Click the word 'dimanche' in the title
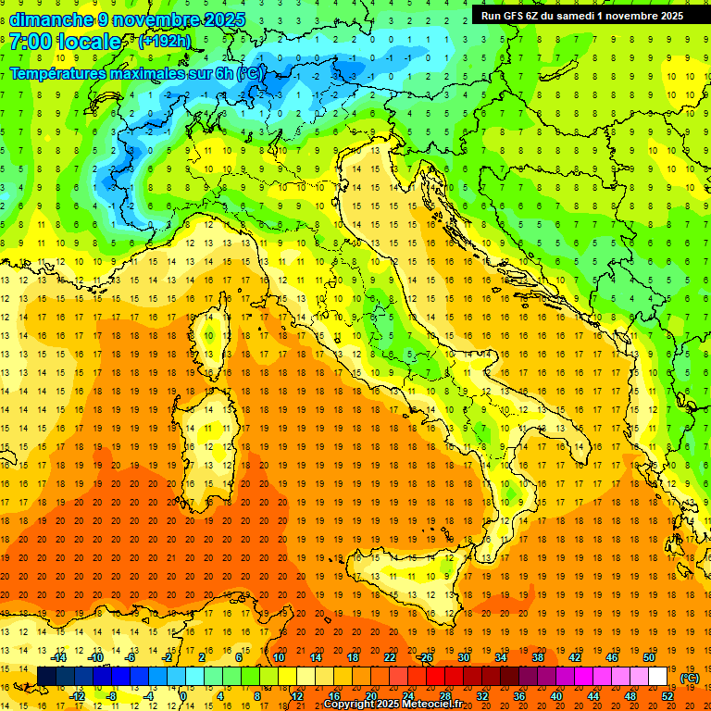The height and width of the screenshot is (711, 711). (41, 19)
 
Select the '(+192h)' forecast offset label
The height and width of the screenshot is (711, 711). (166, 42)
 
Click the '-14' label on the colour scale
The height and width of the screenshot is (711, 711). (60, 657)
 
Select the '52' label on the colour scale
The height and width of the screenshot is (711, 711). (667, 696)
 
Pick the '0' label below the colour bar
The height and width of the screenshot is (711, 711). (183, 696)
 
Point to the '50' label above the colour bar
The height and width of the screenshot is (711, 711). (648, 657)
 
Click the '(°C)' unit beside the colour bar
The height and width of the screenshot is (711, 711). (690, 678)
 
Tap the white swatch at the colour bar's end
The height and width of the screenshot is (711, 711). (657, 677)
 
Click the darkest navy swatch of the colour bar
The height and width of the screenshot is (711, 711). (46, 677)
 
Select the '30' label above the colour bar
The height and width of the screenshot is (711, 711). (463, 657)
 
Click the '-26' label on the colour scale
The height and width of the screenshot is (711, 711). (425, 657)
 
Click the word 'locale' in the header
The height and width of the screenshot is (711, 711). (89, 42)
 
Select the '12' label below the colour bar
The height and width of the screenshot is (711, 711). (296, 696)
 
